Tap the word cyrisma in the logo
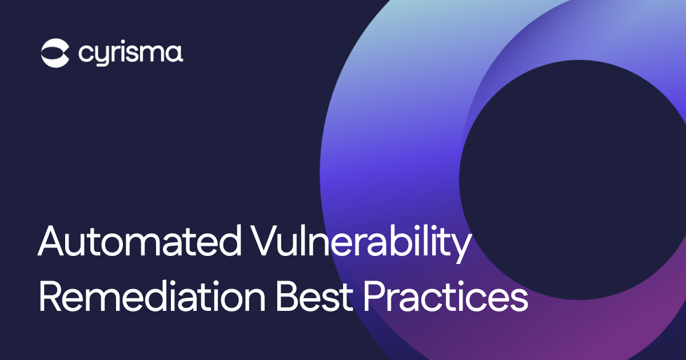click(x=130, y=54)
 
